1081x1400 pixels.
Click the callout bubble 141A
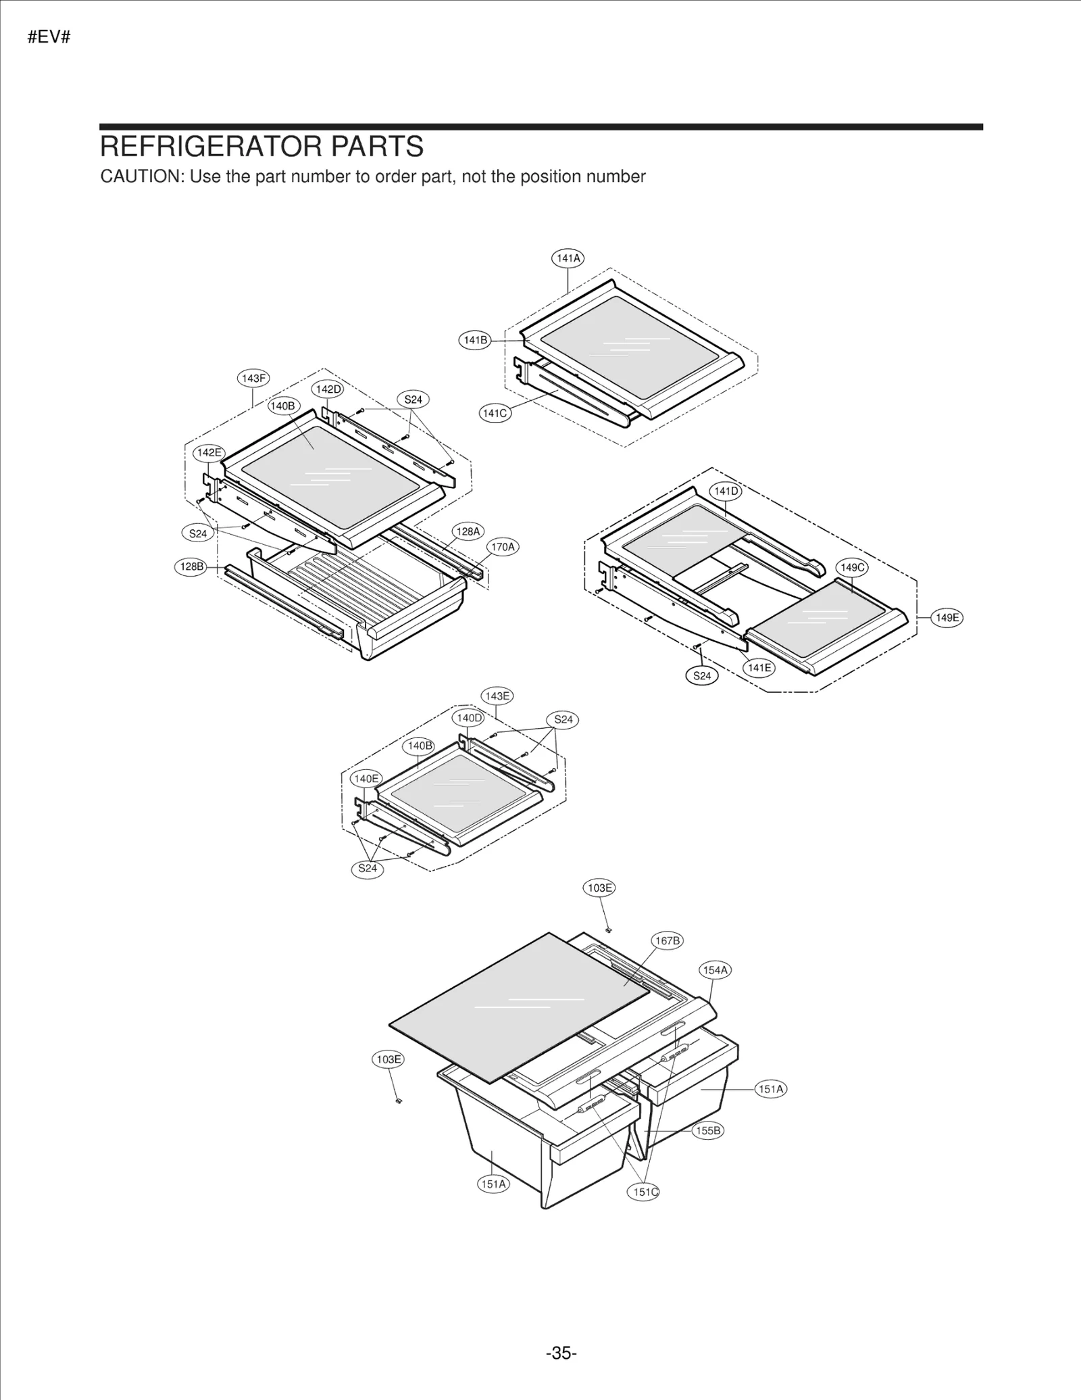[x=568, y=258]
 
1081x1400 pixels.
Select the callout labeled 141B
[x=475, y=340]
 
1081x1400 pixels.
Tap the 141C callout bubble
[x=495, y=413]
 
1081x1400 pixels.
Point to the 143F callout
[x=254, y=379]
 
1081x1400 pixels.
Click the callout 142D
[x=328, y=389]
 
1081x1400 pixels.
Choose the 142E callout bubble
[x=209, y=452]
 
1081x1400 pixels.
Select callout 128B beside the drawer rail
[x=191, y=566]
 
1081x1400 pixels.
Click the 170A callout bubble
[x=503, y=547]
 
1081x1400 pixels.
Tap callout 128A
[x=468, y=531]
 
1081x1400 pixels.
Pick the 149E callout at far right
[x=947, y=617]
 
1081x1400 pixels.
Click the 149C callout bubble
[x=852, y=568]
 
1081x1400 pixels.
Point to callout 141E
[x=759, y=668]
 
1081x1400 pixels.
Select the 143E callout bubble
[x=497, y=696]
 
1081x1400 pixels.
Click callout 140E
[x=366, y=779]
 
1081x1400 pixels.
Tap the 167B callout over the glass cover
[x=667, y=941]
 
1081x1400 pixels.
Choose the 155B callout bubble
[x=708, y=1130]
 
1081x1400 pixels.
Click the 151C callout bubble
[x=645, y=1192]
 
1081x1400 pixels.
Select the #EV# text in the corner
[x=49, y=37]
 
